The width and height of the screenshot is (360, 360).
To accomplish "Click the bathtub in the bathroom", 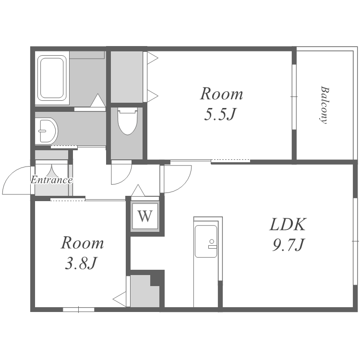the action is [52, 78].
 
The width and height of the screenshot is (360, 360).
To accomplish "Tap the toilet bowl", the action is [128, 121].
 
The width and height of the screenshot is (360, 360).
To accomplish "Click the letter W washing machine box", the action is [145, 216].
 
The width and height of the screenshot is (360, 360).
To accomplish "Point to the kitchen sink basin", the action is [206, 241].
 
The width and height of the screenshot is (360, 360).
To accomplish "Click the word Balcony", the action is [325, 105].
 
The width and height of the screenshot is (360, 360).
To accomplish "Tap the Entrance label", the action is [52, 180].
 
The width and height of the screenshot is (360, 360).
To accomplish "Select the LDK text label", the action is [288, 224].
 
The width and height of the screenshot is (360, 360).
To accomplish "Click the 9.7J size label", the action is [288, 245].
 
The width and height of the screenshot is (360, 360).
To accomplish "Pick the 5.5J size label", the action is [220, 114].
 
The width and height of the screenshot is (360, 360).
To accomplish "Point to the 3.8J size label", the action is [80, 263].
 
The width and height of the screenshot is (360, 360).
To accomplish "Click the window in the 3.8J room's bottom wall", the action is [79, 310].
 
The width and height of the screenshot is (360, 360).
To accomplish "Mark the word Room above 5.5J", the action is [221, 94].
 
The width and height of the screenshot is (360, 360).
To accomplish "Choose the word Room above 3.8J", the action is [82, 243].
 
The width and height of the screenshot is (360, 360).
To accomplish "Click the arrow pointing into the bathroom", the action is [98, 100].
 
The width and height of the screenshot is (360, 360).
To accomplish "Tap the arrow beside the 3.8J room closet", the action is [120, 299].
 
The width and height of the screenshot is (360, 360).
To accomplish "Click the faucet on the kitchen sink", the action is [212, 244].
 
